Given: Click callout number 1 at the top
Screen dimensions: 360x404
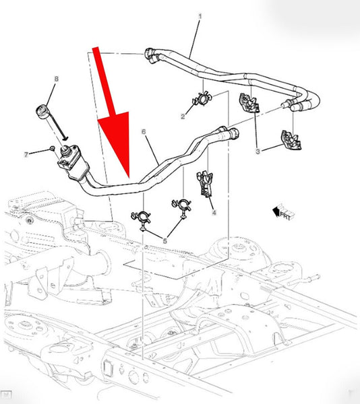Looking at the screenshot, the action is tap(200, 16).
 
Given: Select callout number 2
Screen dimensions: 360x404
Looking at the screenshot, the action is tap(183, 116).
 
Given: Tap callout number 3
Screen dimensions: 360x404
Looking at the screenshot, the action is tap(258, 151).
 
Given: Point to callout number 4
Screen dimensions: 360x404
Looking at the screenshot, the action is tap(214, 213).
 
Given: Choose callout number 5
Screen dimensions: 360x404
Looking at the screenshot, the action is tap(164, 241).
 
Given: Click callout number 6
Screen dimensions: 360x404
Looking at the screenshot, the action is tap(144, 132).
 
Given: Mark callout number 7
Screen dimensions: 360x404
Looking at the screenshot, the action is tap(26, 155).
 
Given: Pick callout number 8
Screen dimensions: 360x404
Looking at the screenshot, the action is tap(57, 79).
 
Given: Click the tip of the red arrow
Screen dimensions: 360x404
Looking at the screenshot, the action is tap(129, 178).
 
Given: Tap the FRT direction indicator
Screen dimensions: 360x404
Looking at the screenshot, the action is tap(283, 212).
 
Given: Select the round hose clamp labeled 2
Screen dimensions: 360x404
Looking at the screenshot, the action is tap(202, 99).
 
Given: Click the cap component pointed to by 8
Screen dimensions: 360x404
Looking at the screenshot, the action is tap(42, 112).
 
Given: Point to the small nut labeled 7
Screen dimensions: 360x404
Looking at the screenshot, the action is tap(52, 148).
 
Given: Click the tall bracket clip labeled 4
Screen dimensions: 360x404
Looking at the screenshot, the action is tap(205, 184).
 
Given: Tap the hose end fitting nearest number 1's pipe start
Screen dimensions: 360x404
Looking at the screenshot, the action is tap(152, 55).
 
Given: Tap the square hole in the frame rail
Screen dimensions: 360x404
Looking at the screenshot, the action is tap(107, 367).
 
